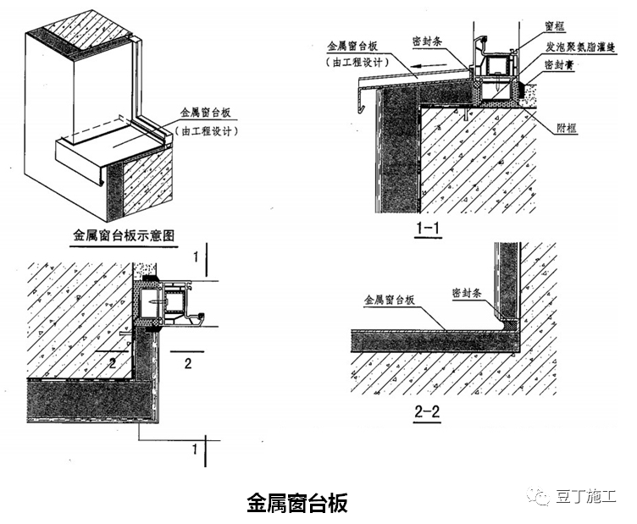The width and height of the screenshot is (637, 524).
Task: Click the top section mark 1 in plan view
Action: pyautogui.click(x=195, y=253)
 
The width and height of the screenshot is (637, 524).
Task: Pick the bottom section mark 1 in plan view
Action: pyautogui.click(x=195, y=447)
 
